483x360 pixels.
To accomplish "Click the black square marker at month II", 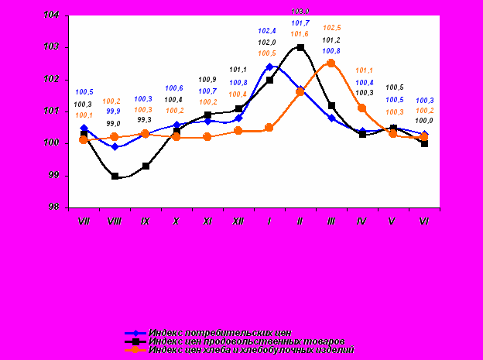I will [300, 48].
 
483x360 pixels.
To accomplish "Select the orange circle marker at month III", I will [331, 63].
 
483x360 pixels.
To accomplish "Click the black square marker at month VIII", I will [115, 176].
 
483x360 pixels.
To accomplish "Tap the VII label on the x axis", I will [84, 221].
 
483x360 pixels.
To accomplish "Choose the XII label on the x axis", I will [238, 221].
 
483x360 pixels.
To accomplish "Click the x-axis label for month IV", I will [362, 221].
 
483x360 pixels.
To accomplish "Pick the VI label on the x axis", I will [423, 221].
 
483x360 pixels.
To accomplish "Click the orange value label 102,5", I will [331, 28].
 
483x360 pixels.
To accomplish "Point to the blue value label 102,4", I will [269, 31].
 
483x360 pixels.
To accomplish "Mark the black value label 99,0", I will [114, 123].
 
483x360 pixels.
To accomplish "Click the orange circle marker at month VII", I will [84, 140].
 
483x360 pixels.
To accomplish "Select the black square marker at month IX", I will [146, 166].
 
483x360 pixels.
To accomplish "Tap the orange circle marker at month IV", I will [362, 108].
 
